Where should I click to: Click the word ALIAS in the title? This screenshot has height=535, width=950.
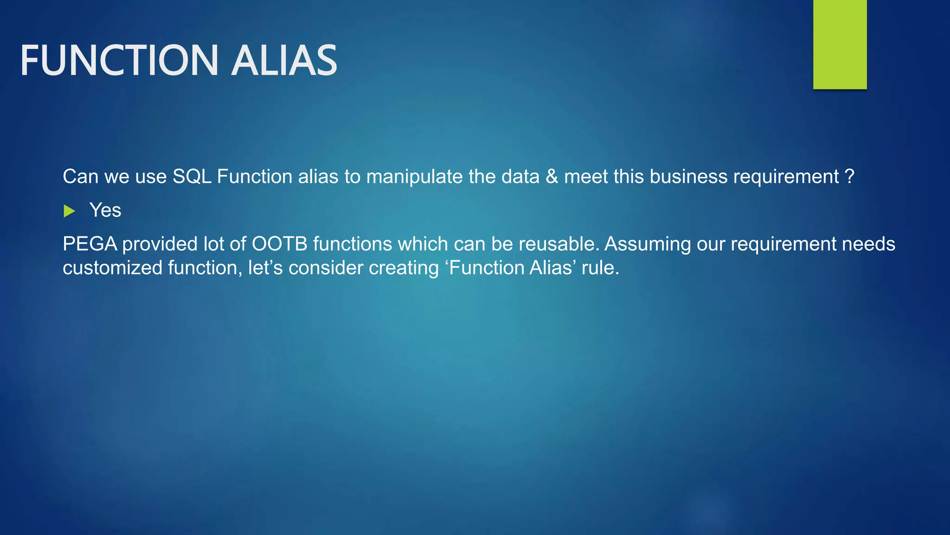[284, 60]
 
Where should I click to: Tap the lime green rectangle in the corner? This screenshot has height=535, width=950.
[840, 44]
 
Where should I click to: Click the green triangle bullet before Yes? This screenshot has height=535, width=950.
[69, 211]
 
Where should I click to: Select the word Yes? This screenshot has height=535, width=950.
[105, 210]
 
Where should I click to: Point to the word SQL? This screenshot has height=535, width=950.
[192, 176]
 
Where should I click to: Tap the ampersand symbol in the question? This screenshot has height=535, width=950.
[552, 176]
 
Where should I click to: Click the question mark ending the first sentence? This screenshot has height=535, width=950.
[849, 176]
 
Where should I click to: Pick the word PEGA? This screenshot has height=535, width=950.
[90, 244]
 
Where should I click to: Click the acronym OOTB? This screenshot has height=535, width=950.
[279, 244]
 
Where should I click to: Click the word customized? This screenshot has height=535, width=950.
[112, 268]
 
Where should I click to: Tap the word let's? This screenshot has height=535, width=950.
[265, 268]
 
